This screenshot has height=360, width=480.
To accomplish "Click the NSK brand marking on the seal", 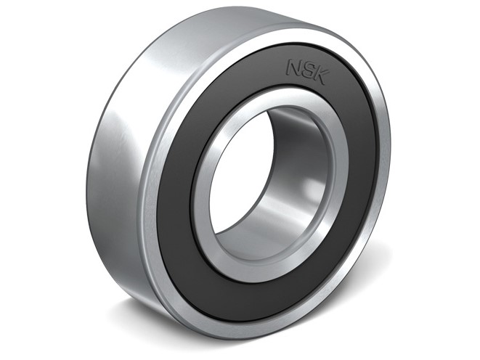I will coord(305,70).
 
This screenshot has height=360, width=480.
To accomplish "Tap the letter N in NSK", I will coord(293,67).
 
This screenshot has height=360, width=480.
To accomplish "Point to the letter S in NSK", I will coord(306,70).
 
